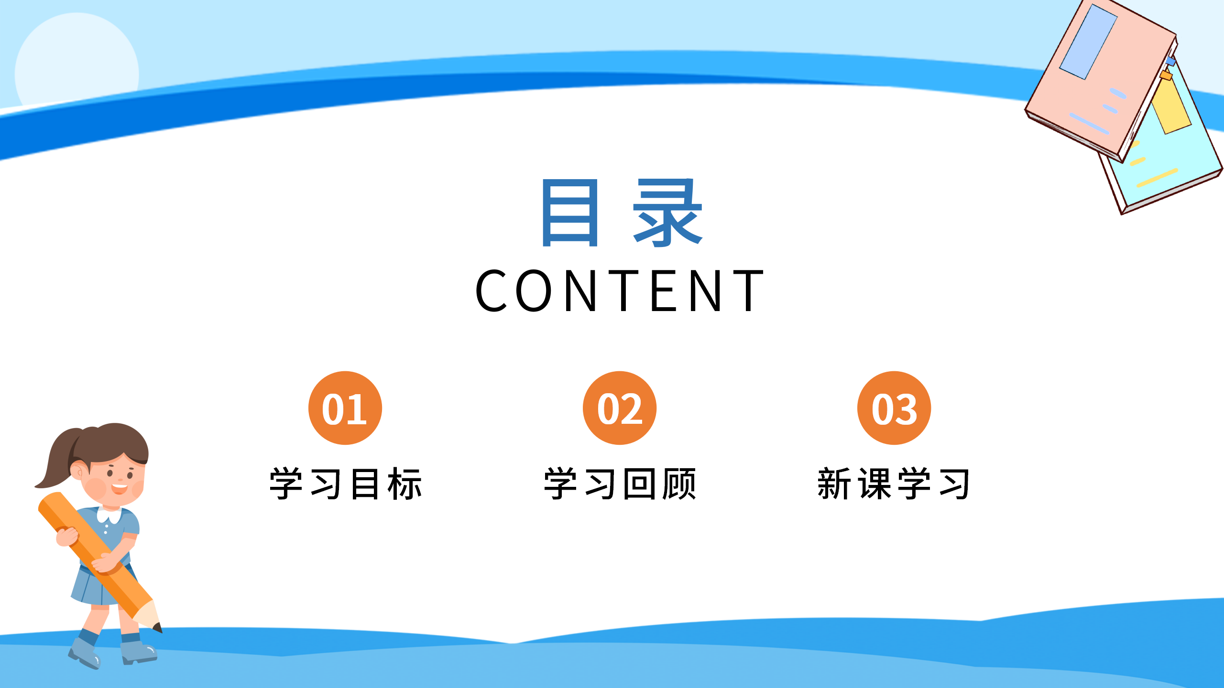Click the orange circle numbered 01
click(345, 408)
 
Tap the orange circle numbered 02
click(619, 408)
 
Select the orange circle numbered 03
click(894, 408)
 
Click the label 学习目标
click(345, 484)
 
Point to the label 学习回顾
click(620, 484)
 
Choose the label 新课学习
click(894, 484)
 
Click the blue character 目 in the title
click(570, 213)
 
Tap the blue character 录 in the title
click(667, 213)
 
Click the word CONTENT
click(620, 290)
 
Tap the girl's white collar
click(109, 515)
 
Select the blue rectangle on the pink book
click(1088, 42)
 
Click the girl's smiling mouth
click(119, 488)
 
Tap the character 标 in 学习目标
click(405, 484)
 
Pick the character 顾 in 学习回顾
click(679, 484)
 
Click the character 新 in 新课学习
click(834, 484)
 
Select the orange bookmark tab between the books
click(1166, 75)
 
